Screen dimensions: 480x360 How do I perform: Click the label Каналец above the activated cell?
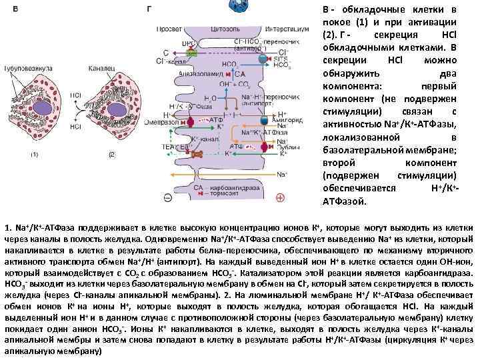pos(98,69)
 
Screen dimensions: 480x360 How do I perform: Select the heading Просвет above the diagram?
pos(167,29)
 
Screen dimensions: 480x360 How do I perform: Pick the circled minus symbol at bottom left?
pos(166,198)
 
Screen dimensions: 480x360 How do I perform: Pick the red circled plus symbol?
pos(280,198)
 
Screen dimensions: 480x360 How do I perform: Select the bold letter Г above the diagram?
pos(148,10)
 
